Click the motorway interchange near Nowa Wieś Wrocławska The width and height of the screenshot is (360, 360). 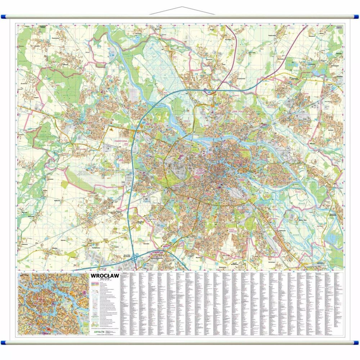[134, 257]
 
